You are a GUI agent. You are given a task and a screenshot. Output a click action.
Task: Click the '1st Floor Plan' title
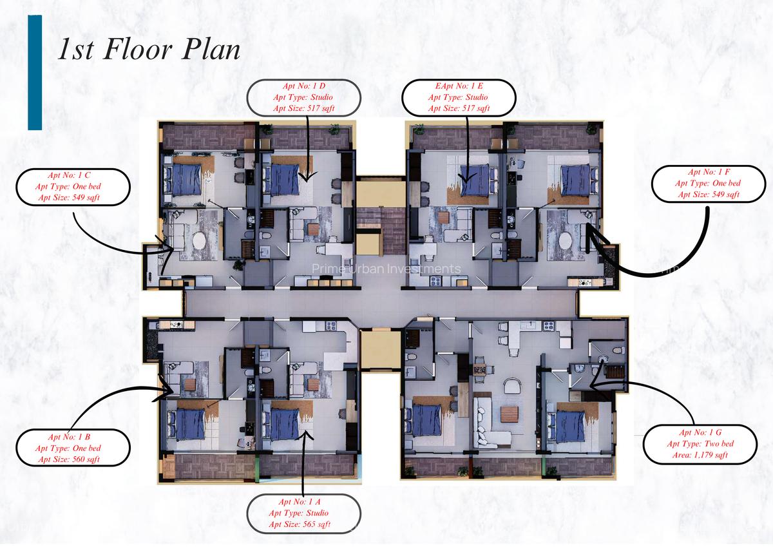point(149,50)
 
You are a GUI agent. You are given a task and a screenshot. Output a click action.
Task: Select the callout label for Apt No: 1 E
point(459,97)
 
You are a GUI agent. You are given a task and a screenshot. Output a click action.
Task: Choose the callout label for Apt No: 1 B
point(73,448)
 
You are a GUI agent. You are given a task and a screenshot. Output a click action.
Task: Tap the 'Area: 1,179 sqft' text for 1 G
point(699,455)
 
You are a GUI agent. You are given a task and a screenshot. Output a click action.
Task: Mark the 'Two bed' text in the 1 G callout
point(715,443)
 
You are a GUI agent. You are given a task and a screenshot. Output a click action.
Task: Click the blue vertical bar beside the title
point(35,72)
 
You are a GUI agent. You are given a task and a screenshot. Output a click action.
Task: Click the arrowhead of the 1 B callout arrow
point(171,389)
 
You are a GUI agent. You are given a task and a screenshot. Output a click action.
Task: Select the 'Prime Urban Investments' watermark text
point(386,269)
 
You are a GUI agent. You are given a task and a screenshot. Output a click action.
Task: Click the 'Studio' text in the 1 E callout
point(474,97)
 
